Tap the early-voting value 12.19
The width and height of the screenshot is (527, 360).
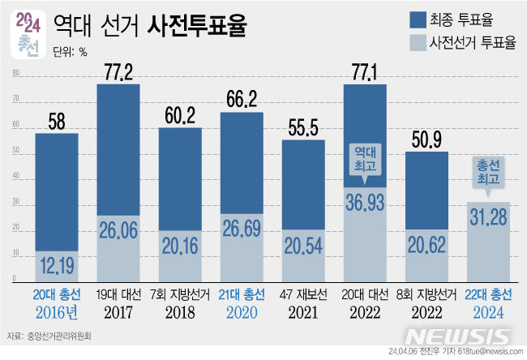56,264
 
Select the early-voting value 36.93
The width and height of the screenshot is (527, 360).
365,203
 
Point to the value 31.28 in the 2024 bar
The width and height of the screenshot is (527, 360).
488,216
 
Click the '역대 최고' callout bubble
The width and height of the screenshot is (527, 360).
365,159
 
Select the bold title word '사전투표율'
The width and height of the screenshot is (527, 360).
199,28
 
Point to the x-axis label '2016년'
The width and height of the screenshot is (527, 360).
56,311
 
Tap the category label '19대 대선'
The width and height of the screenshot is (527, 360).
118,294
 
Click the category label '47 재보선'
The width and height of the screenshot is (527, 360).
303,294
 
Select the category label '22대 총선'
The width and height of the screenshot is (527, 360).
488,294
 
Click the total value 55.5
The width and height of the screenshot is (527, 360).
303,129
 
